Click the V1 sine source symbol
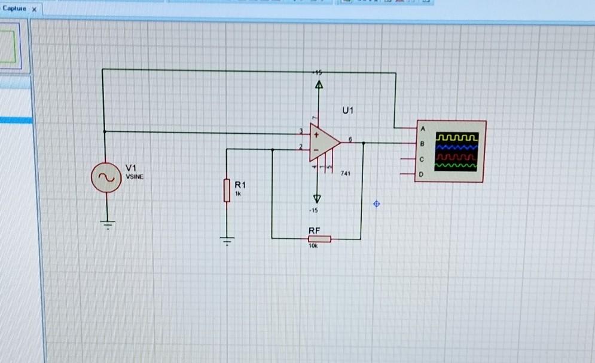tap(106, 177)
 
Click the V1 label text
tap(131, 167)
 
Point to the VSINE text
tap(135, 176)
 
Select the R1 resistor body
tap(227, 190)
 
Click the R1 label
tap(240, 185)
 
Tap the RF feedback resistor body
tap(319, 239)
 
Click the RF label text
tap(314, 230)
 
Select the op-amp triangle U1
tap(323, 143)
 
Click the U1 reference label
tap(348, 111)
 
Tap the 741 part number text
tap(345, 173)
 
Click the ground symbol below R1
tap(227, 241)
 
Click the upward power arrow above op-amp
tap(318, 87)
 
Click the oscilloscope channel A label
tap(422, 129)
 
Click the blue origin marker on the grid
tap(376, 204)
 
